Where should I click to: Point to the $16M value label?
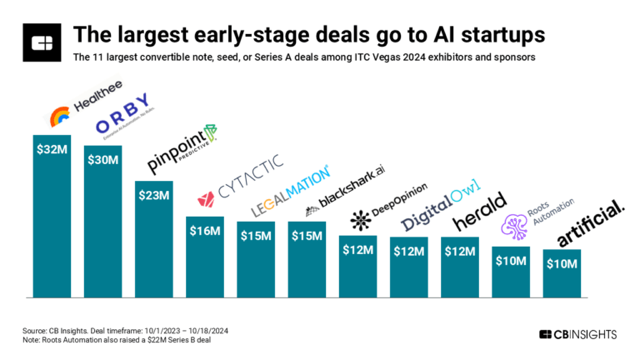204,230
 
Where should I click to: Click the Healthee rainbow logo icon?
61,116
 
